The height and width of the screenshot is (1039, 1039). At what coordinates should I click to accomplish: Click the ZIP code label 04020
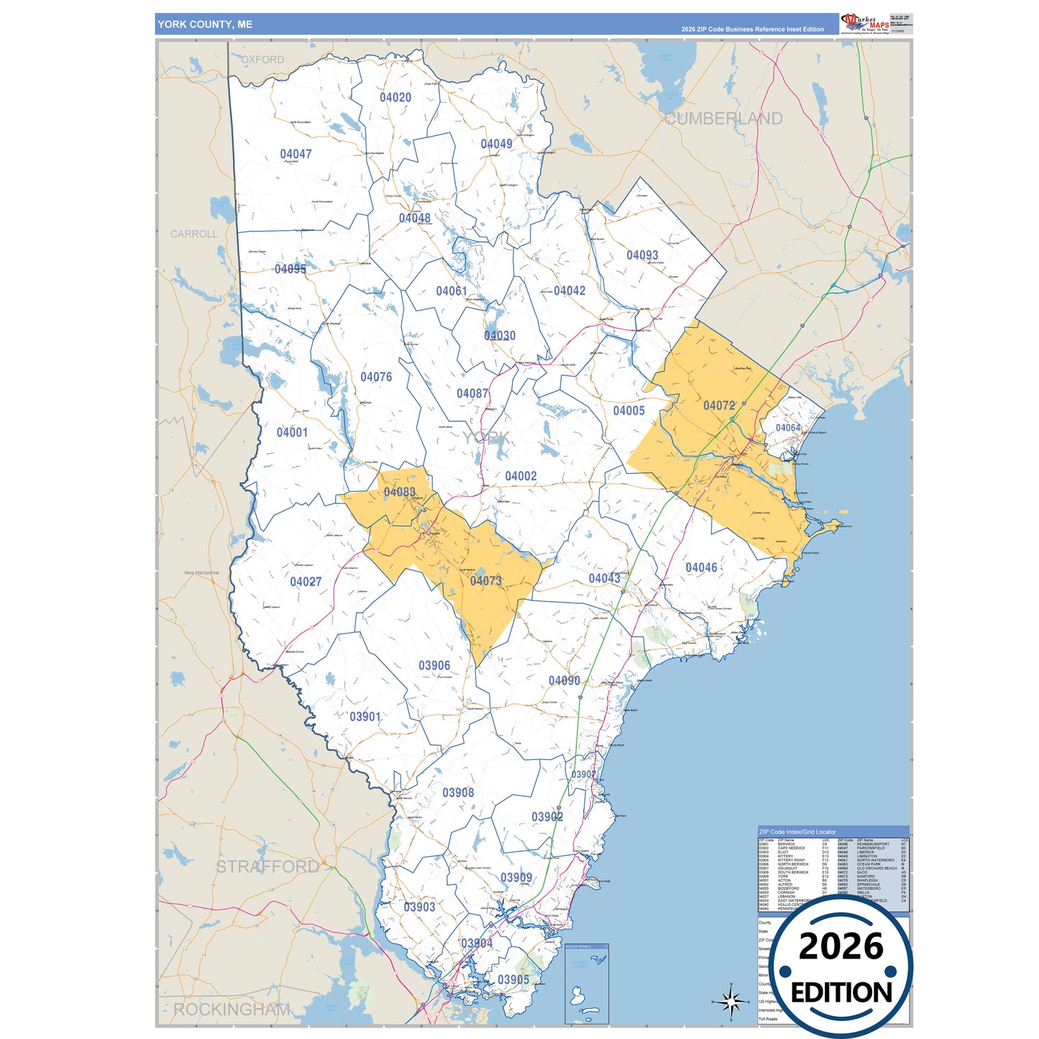tap(395, 98)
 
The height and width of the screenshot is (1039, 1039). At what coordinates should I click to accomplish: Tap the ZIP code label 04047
tap(296, 154)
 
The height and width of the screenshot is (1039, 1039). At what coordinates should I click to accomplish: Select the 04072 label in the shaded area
tap(719, 406)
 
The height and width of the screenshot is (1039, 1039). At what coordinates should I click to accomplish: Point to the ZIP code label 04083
tap(399, 493)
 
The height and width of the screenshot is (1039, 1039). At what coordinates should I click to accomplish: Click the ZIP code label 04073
tap(485, 581)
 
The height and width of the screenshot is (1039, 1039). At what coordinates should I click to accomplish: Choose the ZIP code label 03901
tap(365, 717)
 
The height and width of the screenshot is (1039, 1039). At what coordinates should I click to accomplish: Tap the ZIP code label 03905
tap(513, 980)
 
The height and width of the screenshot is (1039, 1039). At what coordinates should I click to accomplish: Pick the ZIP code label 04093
tap(642, 255)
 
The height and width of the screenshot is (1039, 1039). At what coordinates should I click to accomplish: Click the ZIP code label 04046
tap(701, 568)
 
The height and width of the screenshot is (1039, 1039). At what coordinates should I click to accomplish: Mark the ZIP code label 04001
tap(292, 432)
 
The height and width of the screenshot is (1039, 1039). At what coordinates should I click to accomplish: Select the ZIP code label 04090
tap(564, 681)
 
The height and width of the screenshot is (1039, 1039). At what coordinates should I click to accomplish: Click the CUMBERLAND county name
tap(723, 119)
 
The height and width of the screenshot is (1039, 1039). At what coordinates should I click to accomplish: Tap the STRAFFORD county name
tap(267, 867)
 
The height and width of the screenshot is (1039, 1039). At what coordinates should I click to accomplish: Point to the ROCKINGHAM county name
tap(232, 1010)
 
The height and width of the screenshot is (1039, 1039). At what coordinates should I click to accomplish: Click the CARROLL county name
tap(193, 234)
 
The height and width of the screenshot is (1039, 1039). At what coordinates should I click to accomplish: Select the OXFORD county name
tap(262, 60)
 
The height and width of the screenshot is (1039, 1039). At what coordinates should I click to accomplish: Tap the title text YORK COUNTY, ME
tap(205, 24)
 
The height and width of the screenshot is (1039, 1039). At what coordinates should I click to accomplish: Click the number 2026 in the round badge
tap(841, 946)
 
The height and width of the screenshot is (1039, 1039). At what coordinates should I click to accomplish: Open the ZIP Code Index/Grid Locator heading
tap(797, 832)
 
